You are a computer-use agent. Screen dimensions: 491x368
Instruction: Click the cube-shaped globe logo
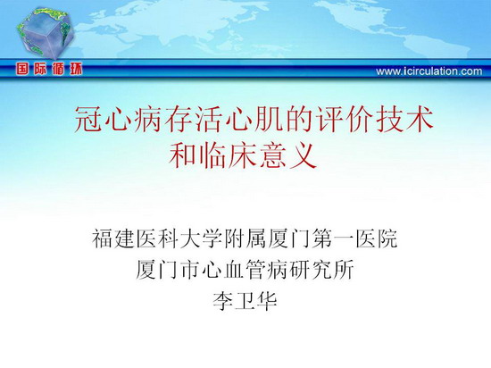[46, 32]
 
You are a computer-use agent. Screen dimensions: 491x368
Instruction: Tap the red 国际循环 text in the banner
[49, 69]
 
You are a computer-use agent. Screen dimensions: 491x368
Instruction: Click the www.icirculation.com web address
[429, 71]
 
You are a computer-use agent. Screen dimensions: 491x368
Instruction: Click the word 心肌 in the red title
[255, 120]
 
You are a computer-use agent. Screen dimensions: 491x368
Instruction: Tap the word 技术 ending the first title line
[405, 120]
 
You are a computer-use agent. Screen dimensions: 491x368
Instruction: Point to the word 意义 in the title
[289, 155]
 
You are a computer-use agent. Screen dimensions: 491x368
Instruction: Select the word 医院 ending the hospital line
[377, 239]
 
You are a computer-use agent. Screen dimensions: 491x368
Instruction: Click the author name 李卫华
[245, 301]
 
